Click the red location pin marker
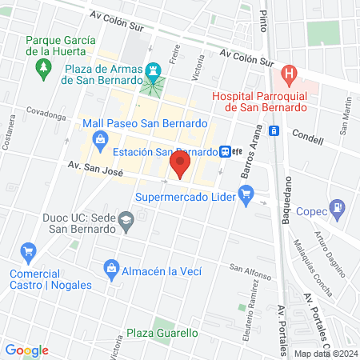tap(180, 167)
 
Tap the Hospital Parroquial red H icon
tap(289, 76)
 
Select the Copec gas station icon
tap(339, 210)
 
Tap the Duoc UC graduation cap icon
tap(126, 219)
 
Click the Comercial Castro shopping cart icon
tap(29, 252)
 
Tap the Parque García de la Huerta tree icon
tap(42, 70)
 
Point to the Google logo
tap(27, 350)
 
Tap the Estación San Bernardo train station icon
tap(226, 151)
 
